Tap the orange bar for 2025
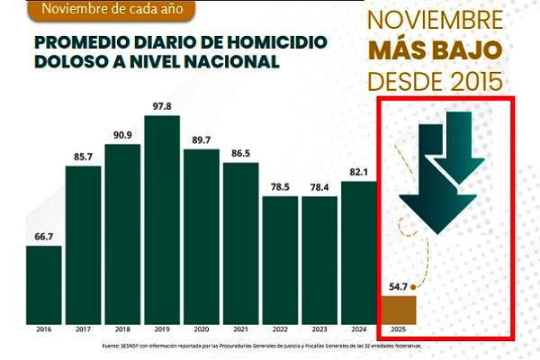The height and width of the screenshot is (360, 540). (400, 309)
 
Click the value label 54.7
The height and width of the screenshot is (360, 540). (396, 287)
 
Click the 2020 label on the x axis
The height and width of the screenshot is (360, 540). (201, 329)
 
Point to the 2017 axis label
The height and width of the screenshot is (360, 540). (83, 329)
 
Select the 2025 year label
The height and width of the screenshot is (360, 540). (398, 329)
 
